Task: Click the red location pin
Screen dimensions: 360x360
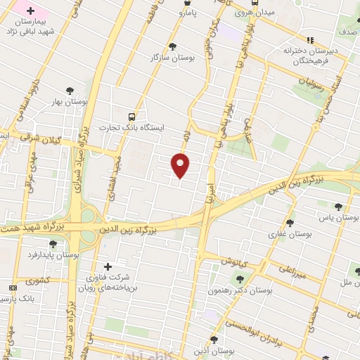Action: pos(181,165)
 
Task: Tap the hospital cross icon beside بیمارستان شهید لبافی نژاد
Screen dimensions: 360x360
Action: pos(30,11)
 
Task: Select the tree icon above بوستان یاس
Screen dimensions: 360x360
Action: pos(339,206)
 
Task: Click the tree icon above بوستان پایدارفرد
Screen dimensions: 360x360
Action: pos(53,244)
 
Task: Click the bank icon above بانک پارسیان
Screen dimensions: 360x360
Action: pos(13,288)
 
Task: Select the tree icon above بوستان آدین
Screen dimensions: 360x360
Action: pos(214,339)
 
